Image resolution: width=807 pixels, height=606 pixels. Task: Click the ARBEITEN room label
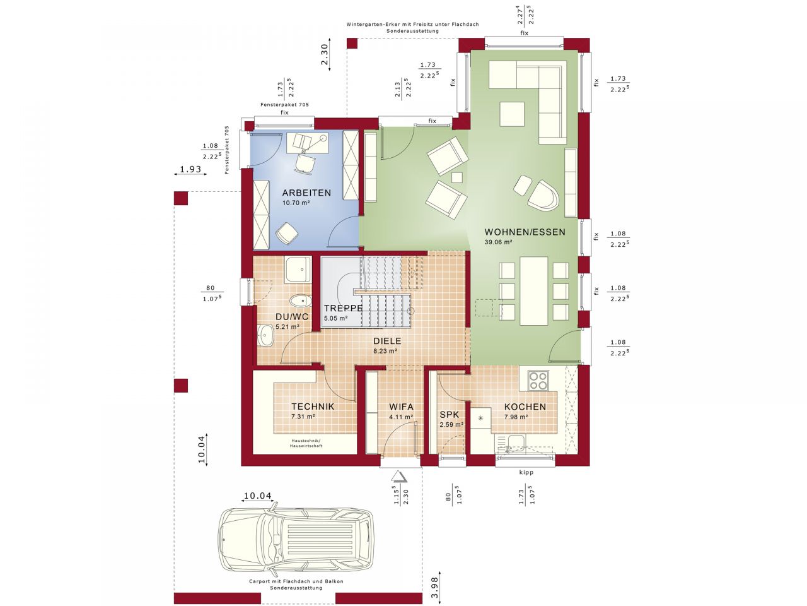[x=306, y=193]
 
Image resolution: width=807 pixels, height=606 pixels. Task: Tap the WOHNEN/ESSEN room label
[x=525, y=232]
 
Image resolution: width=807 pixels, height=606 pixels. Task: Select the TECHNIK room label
[x=313, y=407]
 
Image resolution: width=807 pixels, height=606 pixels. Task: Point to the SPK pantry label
[x=450, y=415]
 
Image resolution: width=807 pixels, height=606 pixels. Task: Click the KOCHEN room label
[x=525, y=407]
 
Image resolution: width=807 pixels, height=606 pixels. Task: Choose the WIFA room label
[x=401, y=407]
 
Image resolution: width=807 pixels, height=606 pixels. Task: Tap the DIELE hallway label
[x=386, y=341]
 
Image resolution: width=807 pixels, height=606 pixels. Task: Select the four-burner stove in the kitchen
[x=538, y=381]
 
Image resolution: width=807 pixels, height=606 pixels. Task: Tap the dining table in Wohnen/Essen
[x=533, y=290]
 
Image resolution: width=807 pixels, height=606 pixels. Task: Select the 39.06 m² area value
[x=498, y=242]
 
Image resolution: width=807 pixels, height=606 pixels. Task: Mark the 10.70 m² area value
[x=296, y=203]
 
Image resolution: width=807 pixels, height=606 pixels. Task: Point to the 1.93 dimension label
[x=190, y=169]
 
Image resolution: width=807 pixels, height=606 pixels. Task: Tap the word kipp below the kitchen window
[x=526, y=472]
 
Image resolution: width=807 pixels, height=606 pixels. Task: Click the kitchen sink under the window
[x=516, y=442]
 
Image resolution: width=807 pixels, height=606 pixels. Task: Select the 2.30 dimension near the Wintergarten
[x=324, y=54]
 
